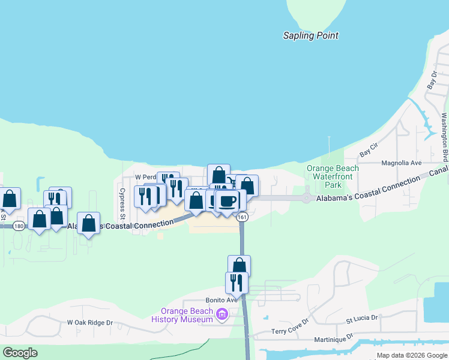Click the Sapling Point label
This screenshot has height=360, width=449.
[311, 36]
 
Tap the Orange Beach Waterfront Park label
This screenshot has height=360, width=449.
[333, 176]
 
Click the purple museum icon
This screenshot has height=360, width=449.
[223, 314]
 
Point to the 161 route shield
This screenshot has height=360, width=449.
[242, 217]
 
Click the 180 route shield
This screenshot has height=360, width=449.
[19, 226]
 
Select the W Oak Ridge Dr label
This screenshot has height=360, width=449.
[90, 323]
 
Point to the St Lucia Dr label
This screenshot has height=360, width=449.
[361, 319]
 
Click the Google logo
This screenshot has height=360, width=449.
[20, 353]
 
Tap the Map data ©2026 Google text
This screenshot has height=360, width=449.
[412, 356]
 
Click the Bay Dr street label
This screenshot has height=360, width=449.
[432, 80]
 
